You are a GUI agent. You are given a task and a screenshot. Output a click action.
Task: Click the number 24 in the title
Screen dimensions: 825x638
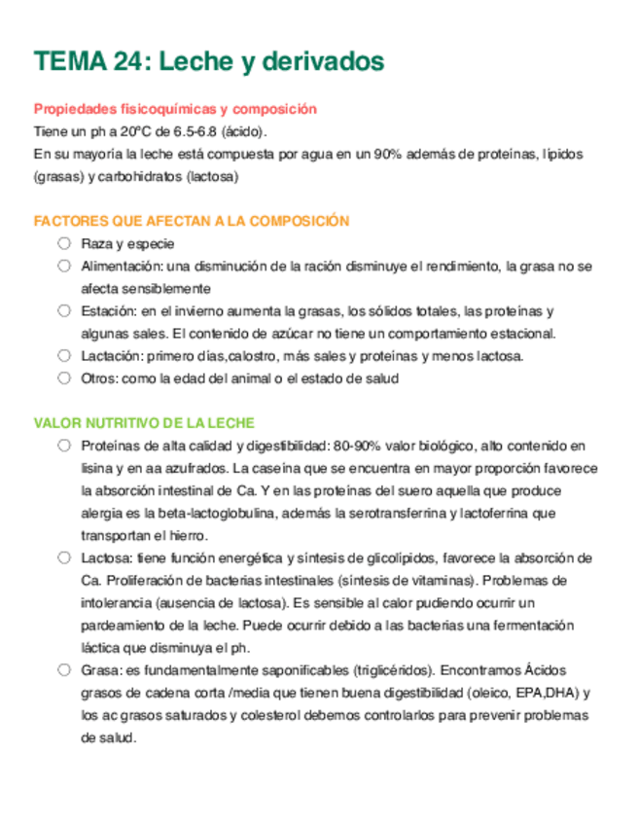[x=126, y=62]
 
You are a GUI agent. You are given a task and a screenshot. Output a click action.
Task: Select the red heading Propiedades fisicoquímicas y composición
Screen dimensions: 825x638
[x=175, y=110]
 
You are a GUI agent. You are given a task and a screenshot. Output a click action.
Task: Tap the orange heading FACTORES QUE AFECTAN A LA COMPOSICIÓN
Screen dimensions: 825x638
[x=192, y=222]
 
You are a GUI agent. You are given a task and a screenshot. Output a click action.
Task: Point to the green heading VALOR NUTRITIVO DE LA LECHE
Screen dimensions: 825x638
[x=144, y=423]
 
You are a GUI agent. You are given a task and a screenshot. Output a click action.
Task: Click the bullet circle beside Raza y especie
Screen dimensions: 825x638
[x=63, y=243]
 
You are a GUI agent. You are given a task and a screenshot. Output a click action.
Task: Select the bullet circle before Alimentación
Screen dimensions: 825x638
[x=63, y=266]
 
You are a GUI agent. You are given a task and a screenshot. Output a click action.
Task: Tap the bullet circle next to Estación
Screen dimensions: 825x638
[x=63, y=310]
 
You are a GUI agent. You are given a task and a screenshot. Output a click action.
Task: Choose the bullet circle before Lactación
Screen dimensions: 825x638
[x=63, y=355]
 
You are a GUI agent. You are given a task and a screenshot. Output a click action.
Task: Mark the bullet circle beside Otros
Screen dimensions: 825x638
[x=63, y=377]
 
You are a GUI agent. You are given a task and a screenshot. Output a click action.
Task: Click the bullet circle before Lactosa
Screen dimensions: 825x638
[x=63, y=557]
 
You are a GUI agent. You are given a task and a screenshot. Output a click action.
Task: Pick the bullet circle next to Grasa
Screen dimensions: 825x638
[x=63, y=669]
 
